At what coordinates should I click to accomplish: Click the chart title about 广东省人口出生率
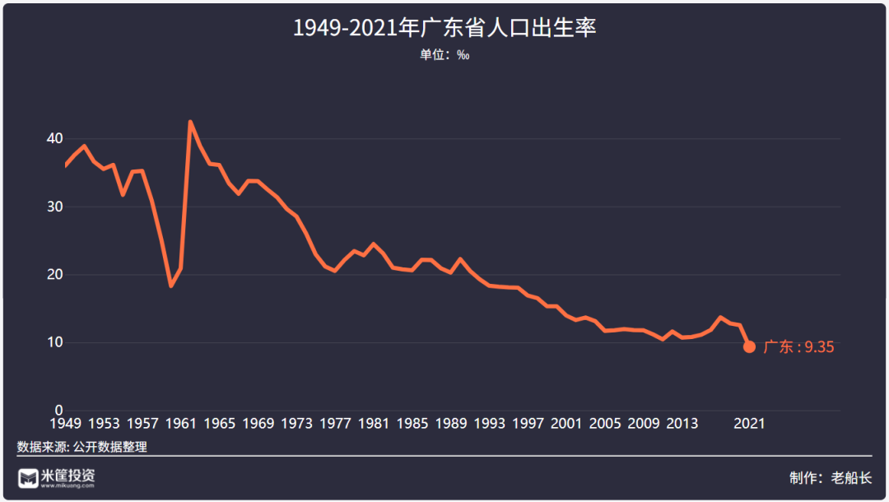point(444,28)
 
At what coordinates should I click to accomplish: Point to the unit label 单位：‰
point(444,55)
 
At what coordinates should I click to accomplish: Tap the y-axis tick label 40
point(54,139)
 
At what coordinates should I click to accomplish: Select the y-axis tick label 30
point(54,207)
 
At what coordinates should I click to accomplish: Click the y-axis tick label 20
point(54,275)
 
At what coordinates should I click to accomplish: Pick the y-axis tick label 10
point(54,342)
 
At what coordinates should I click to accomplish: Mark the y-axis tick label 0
point(58,410)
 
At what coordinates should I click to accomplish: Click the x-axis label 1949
point(65,424)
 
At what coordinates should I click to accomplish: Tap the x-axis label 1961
point(181,424)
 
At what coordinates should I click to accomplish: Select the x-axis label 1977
point(335,424)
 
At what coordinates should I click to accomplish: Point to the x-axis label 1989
point(451,424)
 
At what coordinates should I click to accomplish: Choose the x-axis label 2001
point(566,424)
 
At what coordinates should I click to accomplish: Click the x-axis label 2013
point(682,424)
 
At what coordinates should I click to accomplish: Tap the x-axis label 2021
point(750,424)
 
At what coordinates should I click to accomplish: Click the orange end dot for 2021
point(750,346)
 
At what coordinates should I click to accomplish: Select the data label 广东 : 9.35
point(798,347)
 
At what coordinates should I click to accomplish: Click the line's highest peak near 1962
point(190,123)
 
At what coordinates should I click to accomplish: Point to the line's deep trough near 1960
point(170,286)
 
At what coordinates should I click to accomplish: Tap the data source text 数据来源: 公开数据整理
point(81,447)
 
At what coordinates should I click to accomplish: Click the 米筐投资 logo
point(57,477)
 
